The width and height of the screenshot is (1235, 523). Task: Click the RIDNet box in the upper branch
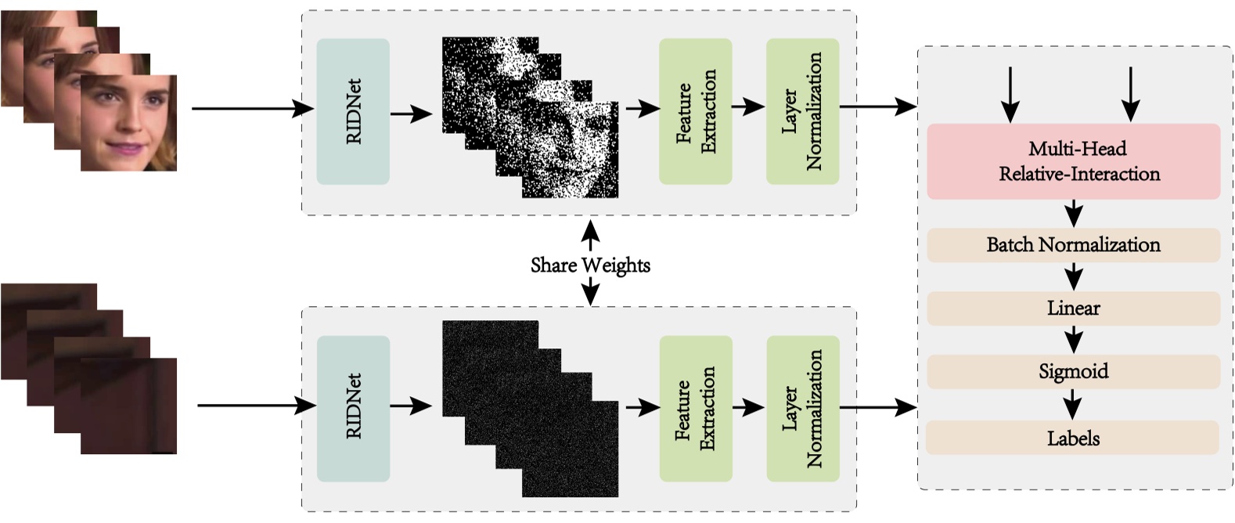click(x=353, y=111)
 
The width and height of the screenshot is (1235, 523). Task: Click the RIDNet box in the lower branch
click(x=353, y=408)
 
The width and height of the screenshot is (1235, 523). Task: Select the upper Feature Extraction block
click(x=695, y=111)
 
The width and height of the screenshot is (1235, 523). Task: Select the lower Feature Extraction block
click(x=695, y=408)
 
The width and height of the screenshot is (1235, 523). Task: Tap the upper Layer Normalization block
click(x=802, y=111)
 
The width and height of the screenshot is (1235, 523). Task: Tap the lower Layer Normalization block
click(x=802, y=408)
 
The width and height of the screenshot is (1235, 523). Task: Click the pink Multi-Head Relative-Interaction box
click(x=1073, y=161)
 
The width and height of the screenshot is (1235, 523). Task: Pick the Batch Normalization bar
click(x=1073, y=245)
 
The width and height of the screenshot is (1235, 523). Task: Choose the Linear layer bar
click(x=1073, y=308)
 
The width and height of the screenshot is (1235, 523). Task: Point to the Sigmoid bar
click(x=1073, y=371)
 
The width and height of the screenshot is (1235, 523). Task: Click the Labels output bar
click(x=1073, y=438)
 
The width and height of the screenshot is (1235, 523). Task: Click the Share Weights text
click(x=590, y=265)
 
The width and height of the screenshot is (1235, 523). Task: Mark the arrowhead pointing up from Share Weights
click(x=590, y=229)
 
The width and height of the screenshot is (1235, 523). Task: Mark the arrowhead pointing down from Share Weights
click(x=590, y=298)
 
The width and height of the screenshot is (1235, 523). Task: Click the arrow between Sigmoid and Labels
click(x=1073, y=405)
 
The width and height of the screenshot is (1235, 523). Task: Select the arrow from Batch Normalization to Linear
click(x=1073, y=276)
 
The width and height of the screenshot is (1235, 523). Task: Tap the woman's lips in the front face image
click(x=125, y=148)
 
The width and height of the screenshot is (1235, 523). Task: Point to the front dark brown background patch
click(x=128, y=406)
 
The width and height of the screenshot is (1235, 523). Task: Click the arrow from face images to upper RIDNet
click(x=250, y=109)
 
